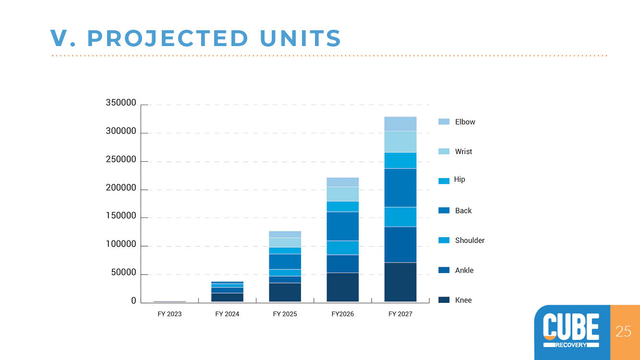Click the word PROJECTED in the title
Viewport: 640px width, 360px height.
coord(168,38)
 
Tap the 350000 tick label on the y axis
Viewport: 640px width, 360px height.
coord(121,103)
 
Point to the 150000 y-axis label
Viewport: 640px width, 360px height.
coord(121,216)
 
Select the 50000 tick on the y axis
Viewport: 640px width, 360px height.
coord(123,272)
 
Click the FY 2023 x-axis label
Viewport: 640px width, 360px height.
coord(169,314)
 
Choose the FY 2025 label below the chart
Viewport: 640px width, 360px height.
coord(285,314)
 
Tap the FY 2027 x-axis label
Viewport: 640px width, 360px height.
coord(400,314)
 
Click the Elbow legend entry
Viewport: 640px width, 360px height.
coord(457,122)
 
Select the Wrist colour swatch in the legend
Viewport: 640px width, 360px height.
coord(444,151)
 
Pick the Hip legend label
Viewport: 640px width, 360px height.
coord(459,180)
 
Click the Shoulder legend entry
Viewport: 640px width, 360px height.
coord(461,240)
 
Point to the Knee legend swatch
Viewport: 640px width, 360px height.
coord(444,300)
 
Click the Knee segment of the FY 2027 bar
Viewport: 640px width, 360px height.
coord(400,282)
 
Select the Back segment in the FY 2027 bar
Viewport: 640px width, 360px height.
coord(400,188)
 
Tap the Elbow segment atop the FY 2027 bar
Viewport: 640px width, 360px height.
coord(400,124)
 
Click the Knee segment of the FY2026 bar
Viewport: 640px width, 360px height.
coord(343,287)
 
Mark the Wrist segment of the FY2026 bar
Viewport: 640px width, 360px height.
coord(343,194)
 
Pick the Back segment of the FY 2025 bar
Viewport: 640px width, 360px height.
coord(285,262)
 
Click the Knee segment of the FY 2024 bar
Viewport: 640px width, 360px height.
coord(227,298)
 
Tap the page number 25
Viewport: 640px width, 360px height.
coord(623,331)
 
